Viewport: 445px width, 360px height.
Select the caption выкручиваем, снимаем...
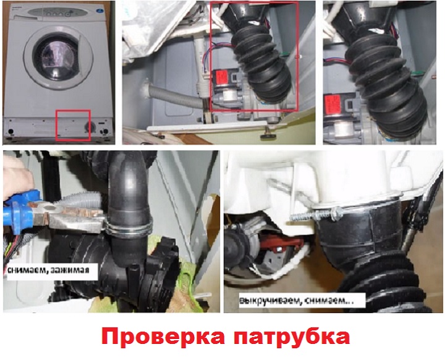[297, 301]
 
